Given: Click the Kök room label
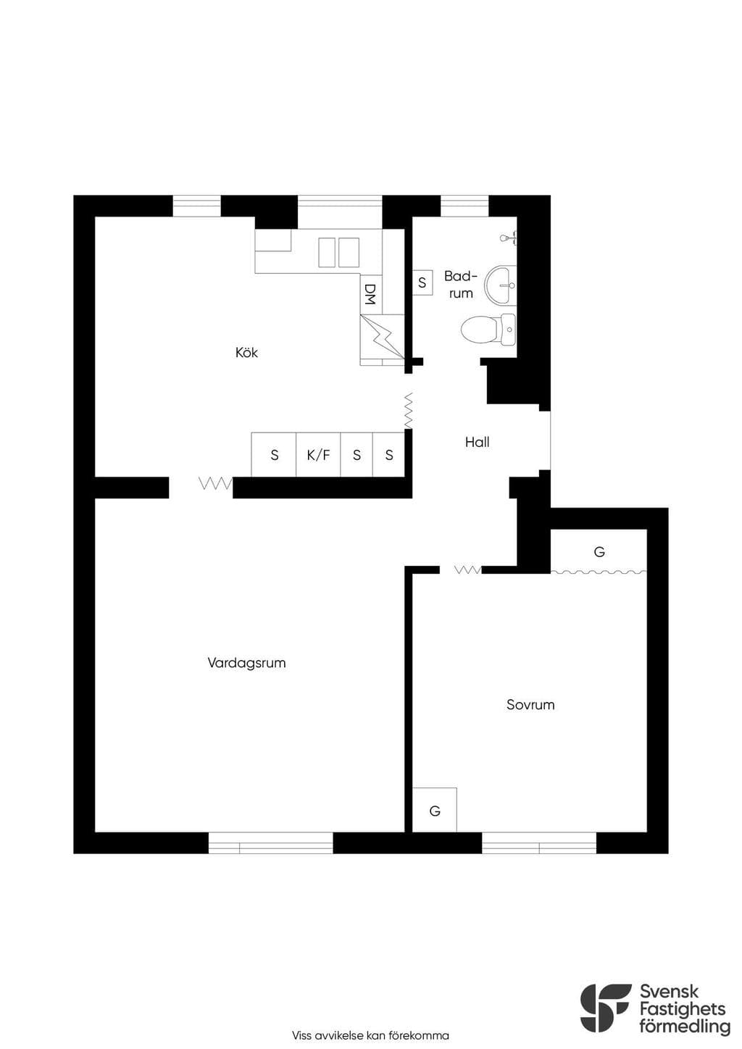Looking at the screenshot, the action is point(246,352).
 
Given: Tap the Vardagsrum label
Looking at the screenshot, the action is point(246,663).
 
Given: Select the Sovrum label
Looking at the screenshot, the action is point(530,704).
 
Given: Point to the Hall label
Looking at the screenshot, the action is point(477,442).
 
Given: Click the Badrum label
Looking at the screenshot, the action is point(460,284).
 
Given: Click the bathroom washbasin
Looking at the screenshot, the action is point(501,285).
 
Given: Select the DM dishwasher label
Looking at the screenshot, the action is point(370,294).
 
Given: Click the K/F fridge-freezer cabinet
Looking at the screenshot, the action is point(318,455).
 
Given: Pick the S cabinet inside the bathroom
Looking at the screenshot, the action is point(422,283).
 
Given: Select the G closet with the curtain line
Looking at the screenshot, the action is point(599,551).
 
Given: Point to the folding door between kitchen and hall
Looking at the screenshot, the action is point(409,411).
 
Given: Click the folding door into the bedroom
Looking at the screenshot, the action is point(468,569).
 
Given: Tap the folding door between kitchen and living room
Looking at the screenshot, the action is point(216,483).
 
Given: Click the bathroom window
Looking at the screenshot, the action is point(464,206).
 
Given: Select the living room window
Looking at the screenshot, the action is point(271,843).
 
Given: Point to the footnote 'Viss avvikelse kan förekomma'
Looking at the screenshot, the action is point(370,1035).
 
